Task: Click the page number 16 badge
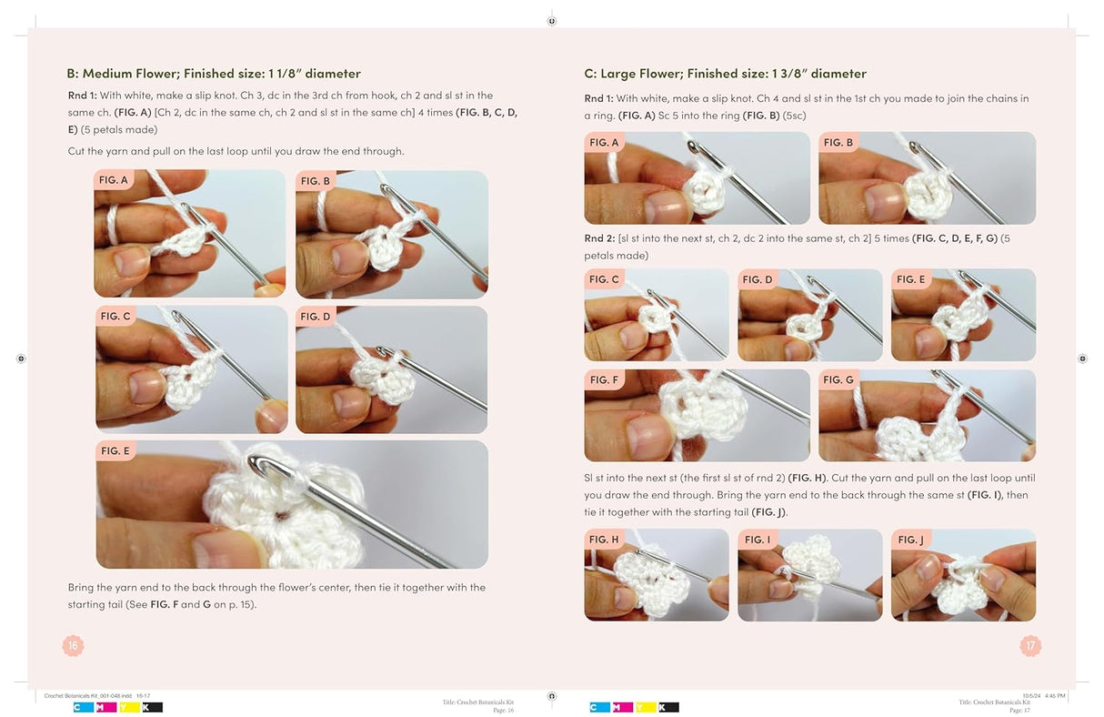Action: [x=73, y=645]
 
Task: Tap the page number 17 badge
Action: [x=1030, y=645]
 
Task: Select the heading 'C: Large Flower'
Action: [x=631, y=74]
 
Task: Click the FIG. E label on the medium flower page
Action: [x=115, y=450]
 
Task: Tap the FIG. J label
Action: [x=910, y=540]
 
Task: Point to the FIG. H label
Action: [x=604, y=540]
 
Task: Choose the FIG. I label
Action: [x=757, y=540]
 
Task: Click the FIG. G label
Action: [x=838, y=379]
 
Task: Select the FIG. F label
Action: [x=604, y=379]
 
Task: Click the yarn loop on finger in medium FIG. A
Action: [x=113, y=225]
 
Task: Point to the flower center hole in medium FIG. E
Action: [x=280, y=516]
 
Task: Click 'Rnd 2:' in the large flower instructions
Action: [x=599, y=238]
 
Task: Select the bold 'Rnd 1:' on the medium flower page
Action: [x=83, y=96]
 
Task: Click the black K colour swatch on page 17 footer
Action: [x=668, y=708]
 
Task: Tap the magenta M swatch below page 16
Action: [x=106, y=708]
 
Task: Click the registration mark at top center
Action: [x=551, y=21]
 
